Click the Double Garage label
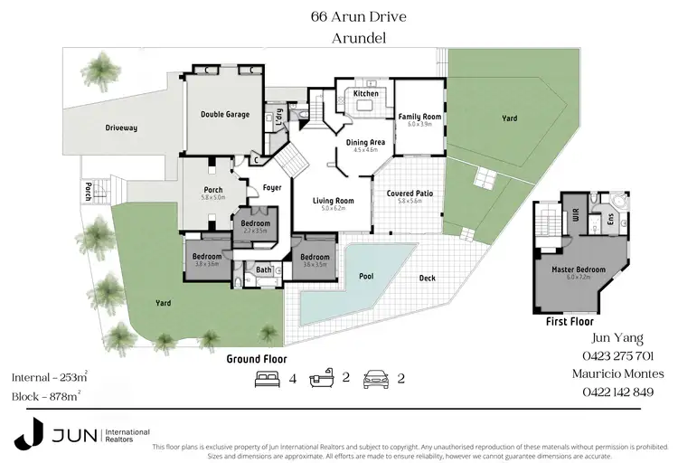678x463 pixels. [225, 115]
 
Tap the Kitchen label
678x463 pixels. [366, 93]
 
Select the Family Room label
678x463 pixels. [419, 117]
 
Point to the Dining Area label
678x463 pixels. [366, 143]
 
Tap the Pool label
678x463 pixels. [365, 276]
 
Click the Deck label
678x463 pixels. [428, 279]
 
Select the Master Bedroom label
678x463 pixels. [578, 269]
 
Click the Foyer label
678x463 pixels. [272, 188]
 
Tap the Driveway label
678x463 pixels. [120, 128]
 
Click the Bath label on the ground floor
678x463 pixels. [264, 269]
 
